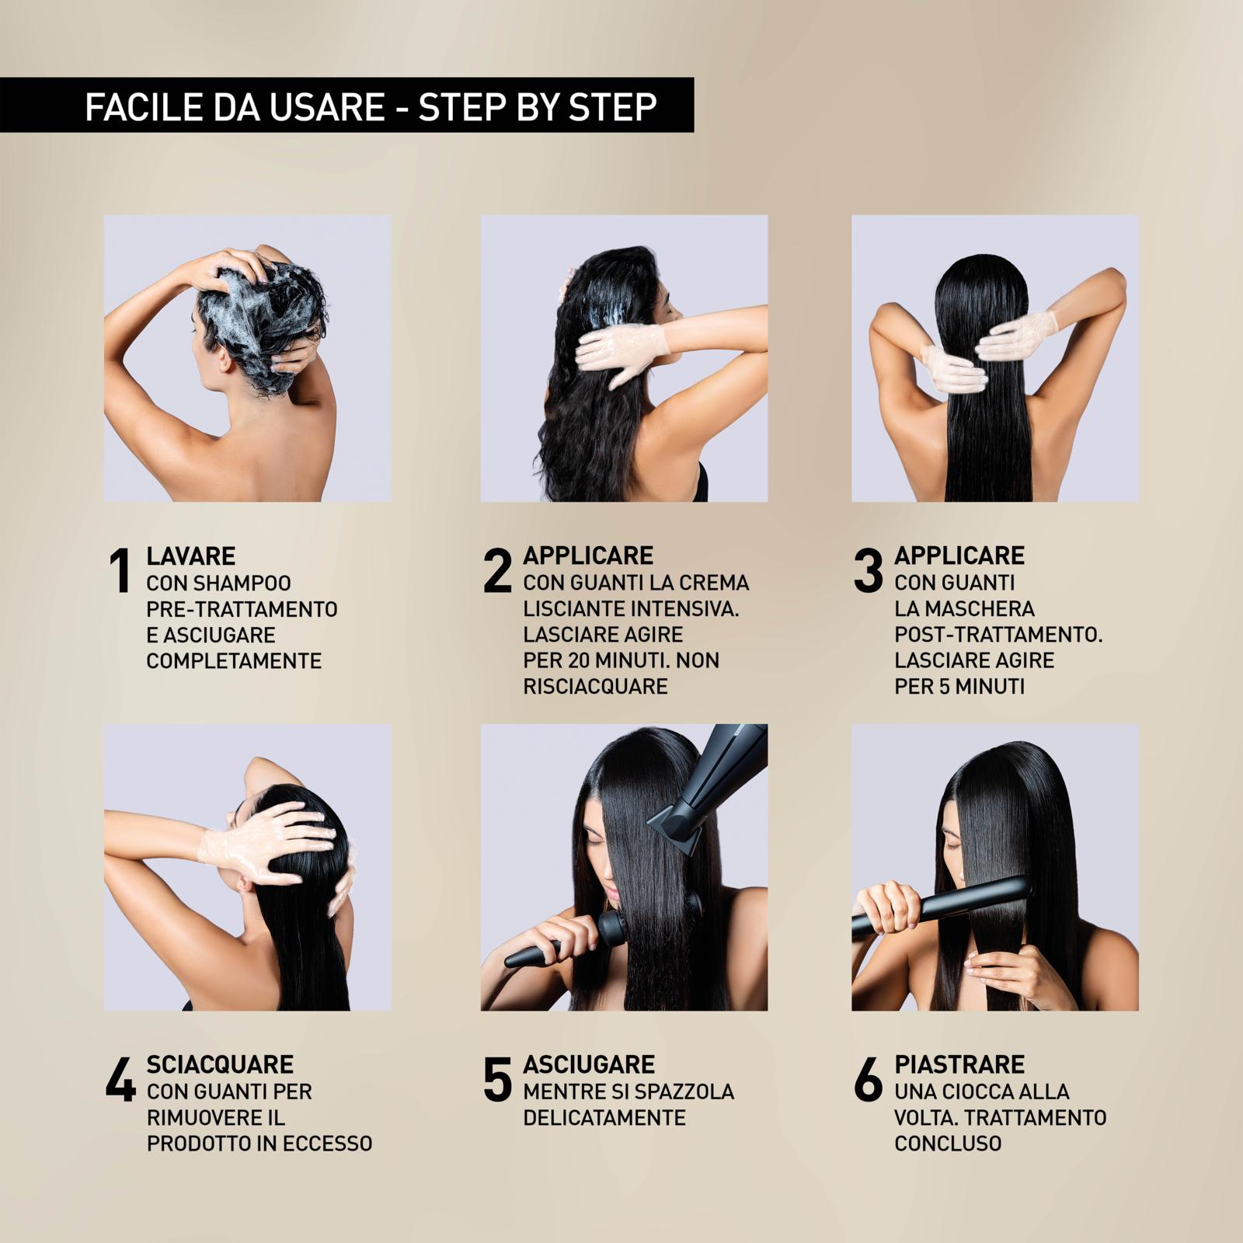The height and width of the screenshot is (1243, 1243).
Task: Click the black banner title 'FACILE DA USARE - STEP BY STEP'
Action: (x=371, y=106)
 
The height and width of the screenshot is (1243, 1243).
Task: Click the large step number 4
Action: (x=121, y=1079)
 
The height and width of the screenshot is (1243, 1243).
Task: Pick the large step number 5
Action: (x=498, y=1079)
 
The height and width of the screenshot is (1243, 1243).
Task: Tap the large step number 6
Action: (x=869, y=1079)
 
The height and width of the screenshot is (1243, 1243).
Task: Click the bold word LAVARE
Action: (x=191, y=556)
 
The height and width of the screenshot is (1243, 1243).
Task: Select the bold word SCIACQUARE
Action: (x=221, y=1064)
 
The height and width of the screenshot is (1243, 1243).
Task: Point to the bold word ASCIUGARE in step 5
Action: (x=589, y=1064)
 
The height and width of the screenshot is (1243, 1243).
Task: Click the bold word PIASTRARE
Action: (x=959, y=1064)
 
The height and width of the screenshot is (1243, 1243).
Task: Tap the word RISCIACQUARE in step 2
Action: (x=596, y=687)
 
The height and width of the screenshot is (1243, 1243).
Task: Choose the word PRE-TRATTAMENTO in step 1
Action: (x=242, y=609)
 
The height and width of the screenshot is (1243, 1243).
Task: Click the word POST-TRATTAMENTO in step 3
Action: (x=998, y=635)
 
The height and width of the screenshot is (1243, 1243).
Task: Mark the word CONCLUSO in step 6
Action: (x=948, y=1144)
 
